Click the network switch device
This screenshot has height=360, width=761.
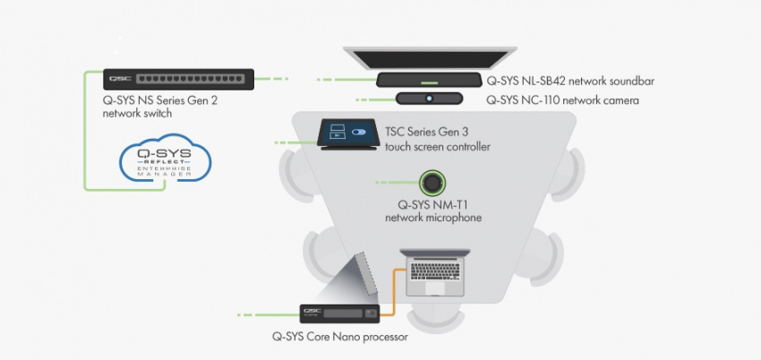coord(177,79)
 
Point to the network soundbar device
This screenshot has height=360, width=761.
coord(429,80)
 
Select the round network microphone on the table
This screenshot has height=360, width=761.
coord(432,182)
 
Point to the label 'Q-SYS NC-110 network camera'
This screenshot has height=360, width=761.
coord(562,100)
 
